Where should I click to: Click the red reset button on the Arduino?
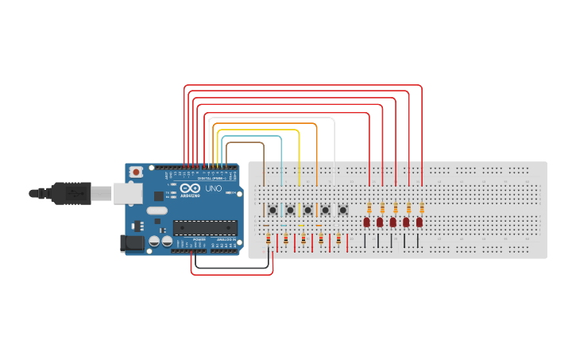tap(137, 171)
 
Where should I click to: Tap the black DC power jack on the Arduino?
tap(132, 242)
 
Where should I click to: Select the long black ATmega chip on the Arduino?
tap(205, 227)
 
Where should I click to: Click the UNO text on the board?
tap(214, 189)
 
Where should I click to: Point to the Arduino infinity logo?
tap(191, 188)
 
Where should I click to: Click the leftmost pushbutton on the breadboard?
tap(273, 210)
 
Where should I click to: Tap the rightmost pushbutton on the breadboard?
tap(342, 210)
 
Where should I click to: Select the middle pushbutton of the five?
tap(307, 210)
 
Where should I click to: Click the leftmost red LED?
tap(367, 222)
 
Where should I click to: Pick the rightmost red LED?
tap(419, 222)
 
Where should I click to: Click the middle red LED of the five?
tap(392, 222)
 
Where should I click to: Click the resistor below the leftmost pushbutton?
tap(269, 238)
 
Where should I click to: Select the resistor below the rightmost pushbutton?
tap(338, 238)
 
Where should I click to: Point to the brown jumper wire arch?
tap(245, 143)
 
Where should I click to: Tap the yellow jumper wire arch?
tap(257, 130)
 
